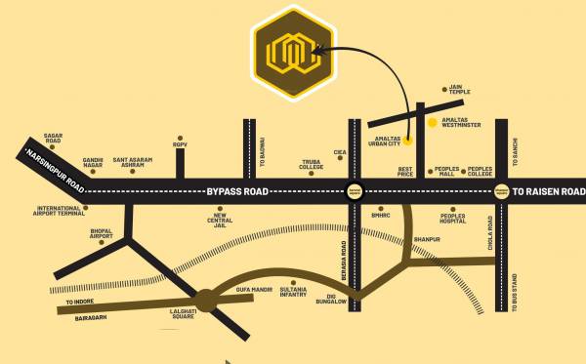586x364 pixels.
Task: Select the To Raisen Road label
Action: [x=548, y=191]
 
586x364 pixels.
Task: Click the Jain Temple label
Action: [x=460, y=91]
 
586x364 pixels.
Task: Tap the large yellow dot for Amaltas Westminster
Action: [x=433, y=122]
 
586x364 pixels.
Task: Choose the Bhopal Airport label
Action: [x=102, y=234]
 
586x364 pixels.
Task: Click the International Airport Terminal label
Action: [x=61, y=210]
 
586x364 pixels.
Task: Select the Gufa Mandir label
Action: [x=251, y=290]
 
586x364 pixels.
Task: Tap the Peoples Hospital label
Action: [x=454, y=220]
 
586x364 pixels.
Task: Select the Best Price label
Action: [x=406, y=171]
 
